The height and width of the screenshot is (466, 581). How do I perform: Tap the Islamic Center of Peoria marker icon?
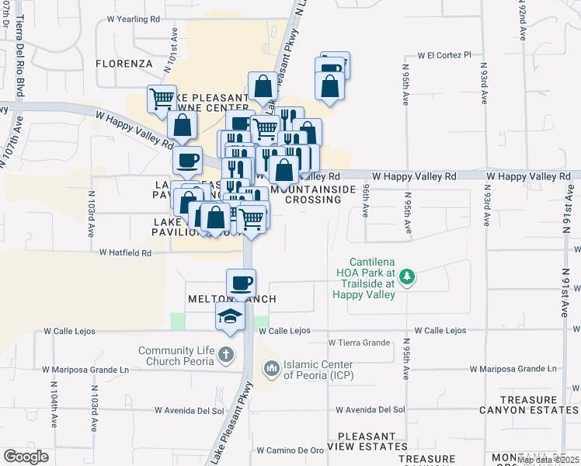tap(271, 366)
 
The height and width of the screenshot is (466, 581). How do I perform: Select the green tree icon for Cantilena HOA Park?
tap(405, 276)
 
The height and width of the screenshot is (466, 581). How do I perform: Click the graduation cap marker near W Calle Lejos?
tap(231, 316)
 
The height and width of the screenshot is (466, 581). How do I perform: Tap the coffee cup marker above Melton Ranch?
tap(241, 283)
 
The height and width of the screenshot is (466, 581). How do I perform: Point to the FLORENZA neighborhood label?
tap(124, 63)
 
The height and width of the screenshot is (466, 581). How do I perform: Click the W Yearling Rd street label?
tap(133, 17)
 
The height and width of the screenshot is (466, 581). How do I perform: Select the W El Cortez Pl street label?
tap(444, 55)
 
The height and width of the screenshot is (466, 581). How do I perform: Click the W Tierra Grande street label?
tap(359, 342)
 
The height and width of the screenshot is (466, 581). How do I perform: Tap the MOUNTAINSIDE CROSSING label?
tap(313, 194)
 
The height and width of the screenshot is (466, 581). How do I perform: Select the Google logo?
tap(26, 457)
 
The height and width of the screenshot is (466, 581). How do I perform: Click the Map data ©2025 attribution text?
tap(548, 461)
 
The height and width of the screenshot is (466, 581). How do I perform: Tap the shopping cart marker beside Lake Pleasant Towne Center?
tap(162, 99)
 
